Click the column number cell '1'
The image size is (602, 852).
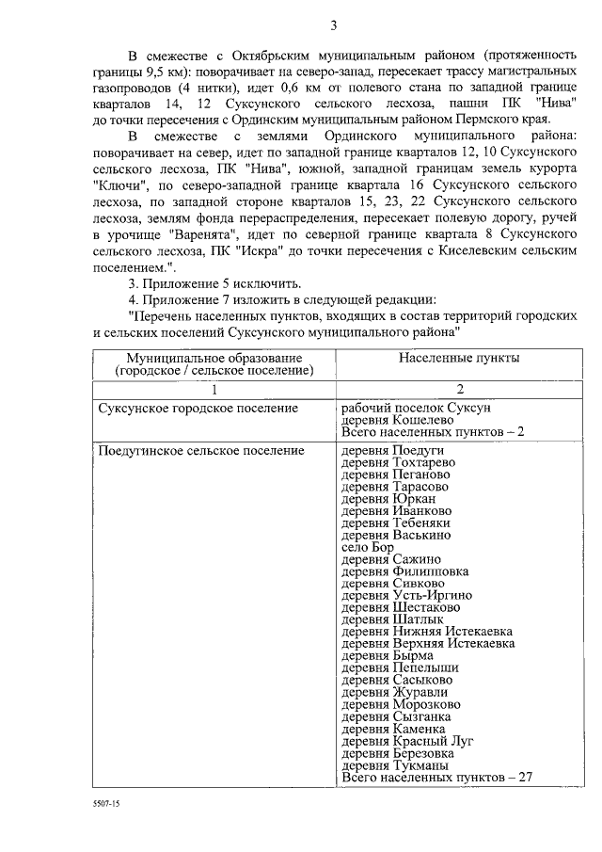tap(214, 389)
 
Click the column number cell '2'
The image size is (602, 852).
tap(459, 389)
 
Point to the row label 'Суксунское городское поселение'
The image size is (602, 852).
tap(198, 408)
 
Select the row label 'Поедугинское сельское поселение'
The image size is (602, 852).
tap(201, 451)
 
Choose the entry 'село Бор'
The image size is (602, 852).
tap(368, 547)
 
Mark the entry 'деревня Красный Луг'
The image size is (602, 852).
tap(407, 741)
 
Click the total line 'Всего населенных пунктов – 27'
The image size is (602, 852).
tap(437, 778)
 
